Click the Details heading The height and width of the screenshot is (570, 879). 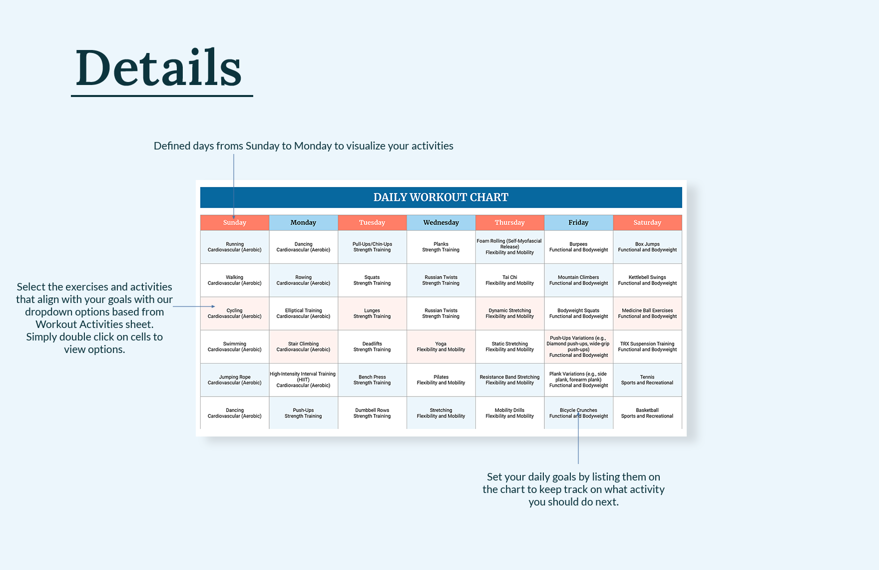click(159, 68)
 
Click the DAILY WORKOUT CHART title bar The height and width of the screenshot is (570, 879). click(440, 197)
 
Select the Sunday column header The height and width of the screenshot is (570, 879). click(234, 222)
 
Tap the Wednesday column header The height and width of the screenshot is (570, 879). click(440, 222)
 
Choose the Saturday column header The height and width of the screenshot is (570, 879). click(647, 222)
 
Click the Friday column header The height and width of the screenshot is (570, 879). click(578, 222)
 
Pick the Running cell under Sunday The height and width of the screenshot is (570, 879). click(234, 247)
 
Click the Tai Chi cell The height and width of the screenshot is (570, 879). click(509, 280)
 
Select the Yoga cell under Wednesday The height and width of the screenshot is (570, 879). click(440, 346)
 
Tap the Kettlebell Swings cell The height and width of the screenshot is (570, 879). click(647, 280)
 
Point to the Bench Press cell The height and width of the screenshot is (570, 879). click(372, 380)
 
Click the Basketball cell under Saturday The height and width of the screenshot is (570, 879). click(647, 413)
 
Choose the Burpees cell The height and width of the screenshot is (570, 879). click(578, 247)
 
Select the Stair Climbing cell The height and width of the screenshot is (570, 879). click(303, 346)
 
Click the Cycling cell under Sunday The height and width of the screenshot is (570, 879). click(234, 313)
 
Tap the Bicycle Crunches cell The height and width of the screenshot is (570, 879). click(578, 413)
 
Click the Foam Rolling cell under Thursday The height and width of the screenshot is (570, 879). click(509, 247)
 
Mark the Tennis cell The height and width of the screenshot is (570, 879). click(647, 380)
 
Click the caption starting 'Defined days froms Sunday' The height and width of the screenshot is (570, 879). click(303, 146)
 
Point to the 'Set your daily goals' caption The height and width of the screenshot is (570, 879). click(573, 489)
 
